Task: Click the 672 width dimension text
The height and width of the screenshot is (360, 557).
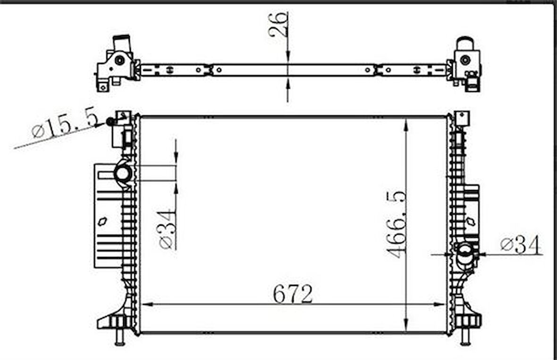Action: (x=293, y=295)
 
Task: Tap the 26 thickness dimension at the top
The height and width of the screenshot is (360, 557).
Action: (x=278, y=25)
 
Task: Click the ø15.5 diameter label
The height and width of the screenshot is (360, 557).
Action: (x=64, y=124)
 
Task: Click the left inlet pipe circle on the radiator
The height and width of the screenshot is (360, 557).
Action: (x=123, y=173)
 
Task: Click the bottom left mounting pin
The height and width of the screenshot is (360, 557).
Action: (x=119, y=337)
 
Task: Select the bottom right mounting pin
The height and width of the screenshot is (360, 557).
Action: (x=465, y=337)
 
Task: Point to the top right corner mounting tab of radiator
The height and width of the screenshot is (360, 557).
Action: (x=462, y=118)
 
